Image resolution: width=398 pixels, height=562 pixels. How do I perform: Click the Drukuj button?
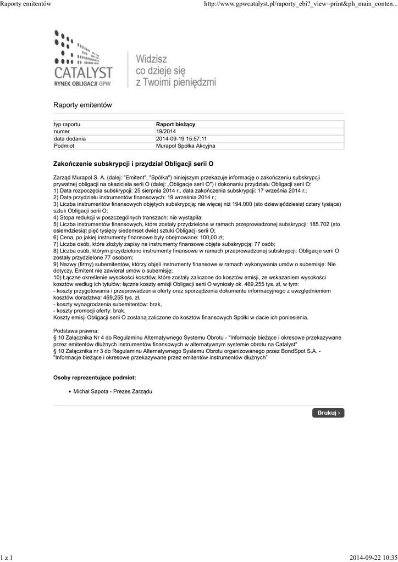click(328, 412)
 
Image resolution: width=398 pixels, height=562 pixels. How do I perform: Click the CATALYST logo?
click(83, 61)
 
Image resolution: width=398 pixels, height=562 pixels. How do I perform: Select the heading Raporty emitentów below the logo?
click(82, 105)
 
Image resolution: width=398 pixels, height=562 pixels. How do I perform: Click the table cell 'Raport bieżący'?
click(175, 125)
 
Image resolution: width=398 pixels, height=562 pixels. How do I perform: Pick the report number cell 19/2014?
click(167, 132)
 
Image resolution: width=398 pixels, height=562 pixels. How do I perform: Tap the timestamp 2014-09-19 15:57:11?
click(181, 139)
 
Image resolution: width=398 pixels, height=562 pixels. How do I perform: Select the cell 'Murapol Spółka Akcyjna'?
click(186, 146)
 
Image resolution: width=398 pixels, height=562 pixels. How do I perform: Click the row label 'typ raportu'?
click(67, 125)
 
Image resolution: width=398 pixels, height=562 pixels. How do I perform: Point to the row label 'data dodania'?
click(70, 139)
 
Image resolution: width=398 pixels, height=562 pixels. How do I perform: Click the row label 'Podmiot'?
click(64, 146)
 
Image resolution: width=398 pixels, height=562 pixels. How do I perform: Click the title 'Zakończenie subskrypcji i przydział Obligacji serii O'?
click(133, 164)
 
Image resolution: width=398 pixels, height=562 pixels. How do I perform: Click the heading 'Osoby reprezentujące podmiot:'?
click(95, 378)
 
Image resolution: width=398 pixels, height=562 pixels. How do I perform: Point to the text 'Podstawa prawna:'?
click(76, 331)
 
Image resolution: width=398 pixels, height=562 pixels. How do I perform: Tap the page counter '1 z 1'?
click(7, 558)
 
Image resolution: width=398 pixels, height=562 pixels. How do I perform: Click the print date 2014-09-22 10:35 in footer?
click(373, 558)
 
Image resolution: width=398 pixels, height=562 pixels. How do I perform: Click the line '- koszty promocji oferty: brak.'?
click(90, 310)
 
